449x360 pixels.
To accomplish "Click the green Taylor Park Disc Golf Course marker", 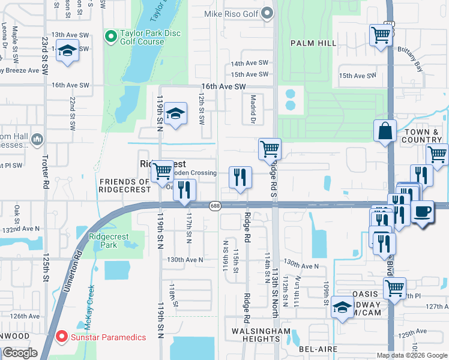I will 110,37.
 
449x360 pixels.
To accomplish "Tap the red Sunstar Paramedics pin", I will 61,337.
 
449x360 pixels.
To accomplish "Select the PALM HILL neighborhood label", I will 311,43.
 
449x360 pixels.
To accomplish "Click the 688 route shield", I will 214,206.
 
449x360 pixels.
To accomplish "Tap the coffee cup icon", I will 423,212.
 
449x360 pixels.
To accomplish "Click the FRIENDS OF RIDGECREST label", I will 125,185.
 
